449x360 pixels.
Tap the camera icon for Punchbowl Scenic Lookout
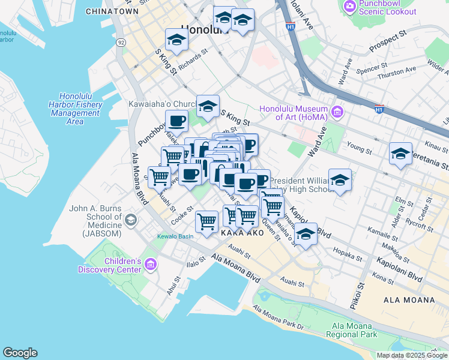tap(349, 6)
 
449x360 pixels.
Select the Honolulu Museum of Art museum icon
tap(337, 112)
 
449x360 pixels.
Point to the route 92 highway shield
tap(121, 43)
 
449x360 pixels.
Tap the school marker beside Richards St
tap(177, 40)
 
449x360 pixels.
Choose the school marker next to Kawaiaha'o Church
tap(208, 106)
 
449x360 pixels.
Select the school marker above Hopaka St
tap(306, 234)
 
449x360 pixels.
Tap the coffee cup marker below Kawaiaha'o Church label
tap(177, 121)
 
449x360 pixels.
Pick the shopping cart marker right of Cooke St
tap(207, 221)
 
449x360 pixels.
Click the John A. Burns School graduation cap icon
tap(130, 220)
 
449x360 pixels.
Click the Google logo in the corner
tap(20, 353)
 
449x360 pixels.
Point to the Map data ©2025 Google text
tap(411, 355)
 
